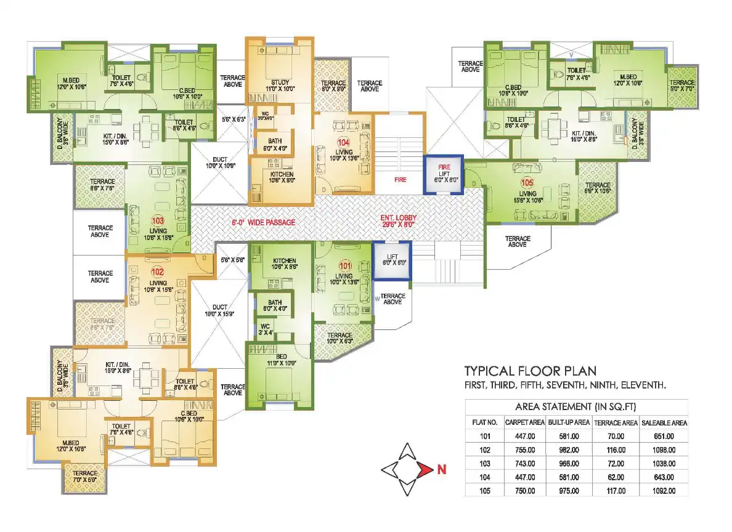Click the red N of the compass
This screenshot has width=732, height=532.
[441, 471]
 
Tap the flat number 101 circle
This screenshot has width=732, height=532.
[345, 266]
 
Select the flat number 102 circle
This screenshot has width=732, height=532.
[158, 270]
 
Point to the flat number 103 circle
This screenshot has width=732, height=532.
[158, 220]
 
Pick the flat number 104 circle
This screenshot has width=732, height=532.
[343, 142]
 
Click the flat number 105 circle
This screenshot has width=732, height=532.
[527, 183]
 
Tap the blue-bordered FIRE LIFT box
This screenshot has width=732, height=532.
[443, 175]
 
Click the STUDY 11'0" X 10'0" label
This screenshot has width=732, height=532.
[280, 86]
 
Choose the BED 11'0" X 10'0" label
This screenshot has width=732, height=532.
[279, 360]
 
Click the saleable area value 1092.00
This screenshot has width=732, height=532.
[663, 491]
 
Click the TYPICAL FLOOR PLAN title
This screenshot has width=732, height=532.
[530, 371]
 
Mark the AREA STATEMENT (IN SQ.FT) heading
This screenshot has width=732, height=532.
[575, 407]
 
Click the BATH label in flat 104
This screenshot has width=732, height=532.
[274, 145]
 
